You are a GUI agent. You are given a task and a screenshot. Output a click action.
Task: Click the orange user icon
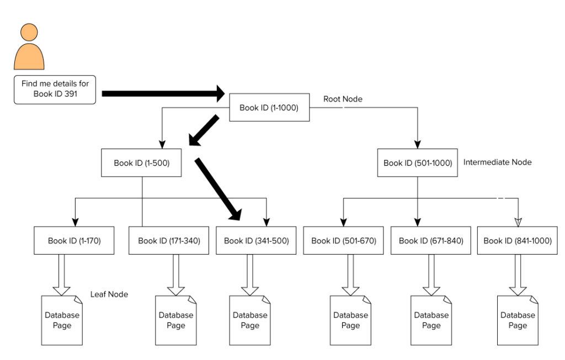[29, 47]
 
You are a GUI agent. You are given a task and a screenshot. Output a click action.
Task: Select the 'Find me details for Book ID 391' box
[55, 89]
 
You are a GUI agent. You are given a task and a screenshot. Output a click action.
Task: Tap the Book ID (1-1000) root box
[269, 108]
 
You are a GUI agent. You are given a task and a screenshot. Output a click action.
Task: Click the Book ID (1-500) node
[141, 163]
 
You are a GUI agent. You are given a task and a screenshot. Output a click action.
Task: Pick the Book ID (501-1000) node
[418, 163]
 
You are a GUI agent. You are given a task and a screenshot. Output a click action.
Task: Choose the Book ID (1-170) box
[74, 241]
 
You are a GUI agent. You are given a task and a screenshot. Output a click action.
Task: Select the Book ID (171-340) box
[169, 241]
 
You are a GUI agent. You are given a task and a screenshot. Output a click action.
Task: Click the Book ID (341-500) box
[256, 241]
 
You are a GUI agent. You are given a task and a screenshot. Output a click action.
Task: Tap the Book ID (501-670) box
[343, 241]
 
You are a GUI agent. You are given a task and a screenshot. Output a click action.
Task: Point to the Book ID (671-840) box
[431, 241]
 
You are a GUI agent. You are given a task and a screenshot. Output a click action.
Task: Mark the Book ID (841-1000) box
[518, 241]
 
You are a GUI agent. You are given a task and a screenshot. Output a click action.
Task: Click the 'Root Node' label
[343, 99]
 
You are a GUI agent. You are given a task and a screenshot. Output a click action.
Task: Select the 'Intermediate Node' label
[498, 162]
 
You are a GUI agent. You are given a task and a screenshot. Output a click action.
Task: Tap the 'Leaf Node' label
[109, 294]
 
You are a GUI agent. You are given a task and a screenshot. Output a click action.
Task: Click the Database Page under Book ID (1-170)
[62, 320]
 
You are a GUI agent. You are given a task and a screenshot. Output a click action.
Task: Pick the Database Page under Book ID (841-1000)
[518, 320]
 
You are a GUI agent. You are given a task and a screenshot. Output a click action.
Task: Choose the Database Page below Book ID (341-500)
[250, 320]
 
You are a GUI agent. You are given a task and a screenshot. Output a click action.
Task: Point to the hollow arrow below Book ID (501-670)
[350, 275]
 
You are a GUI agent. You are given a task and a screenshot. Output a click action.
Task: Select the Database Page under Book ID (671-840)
[431, 320]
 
